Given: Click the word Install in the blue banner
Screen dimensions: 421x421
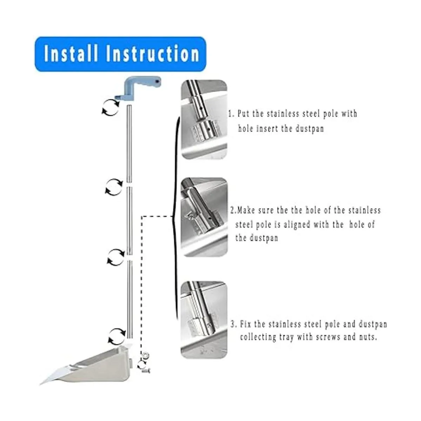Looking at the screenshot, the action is click(71, 54).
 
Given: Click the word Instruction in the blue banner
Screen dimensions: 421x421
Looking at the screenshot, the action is click(153, 54).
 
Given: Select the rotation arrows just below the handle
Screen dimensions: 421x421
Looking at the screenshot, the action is click(111, 107).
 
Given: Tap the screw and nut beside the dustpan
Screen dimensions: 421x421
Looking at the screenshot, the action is click(143, 364).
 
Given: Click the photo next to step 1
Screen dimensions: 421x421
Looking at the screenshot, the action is click(204, 119).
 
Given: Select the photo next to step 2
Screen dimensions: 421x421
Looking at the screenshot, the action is click(204, 216).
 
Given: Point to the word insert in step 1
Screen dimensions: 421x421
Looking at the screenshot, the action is click(267, 129).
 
